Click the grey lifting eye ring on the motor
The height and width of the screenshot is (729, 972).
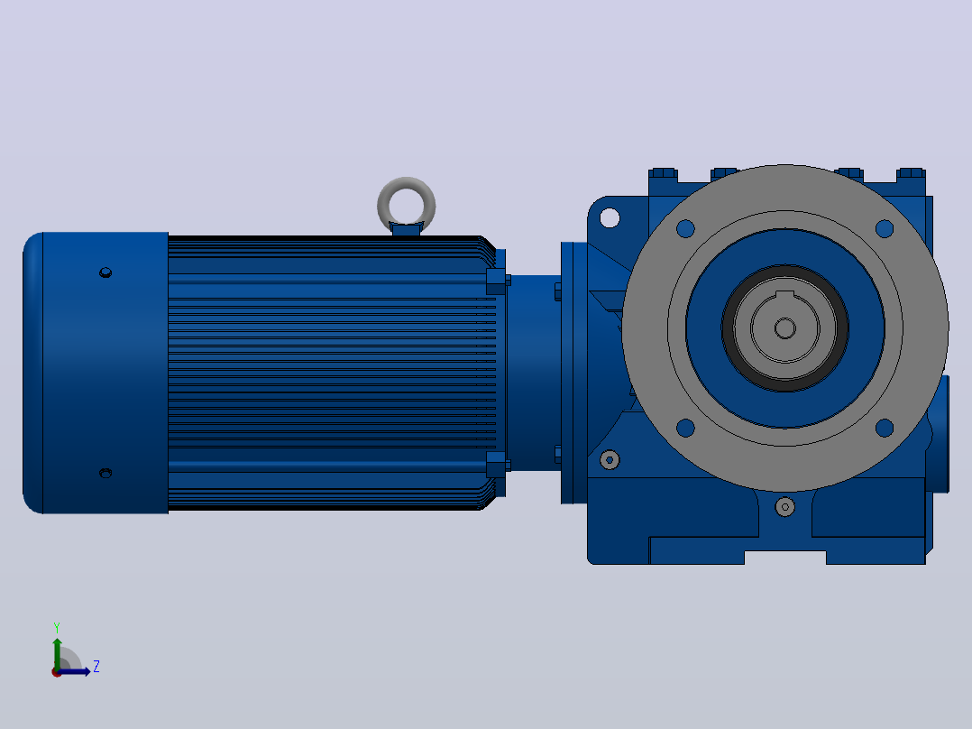point(380,205)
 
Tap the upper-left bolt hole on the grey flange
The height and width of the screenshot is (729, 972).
point(685,229)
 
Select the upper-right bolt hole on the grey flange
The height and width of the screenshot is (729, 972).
point(885,229)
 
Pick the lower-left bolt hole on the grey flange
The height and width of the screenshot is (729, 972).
point(685,428)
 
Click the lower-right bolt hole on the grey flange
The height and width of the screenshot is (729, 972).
point(885,428)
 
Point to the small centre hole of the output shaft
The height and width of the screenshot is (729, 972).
point(785,328)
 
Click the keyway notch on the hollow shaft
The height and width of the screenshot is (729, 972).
point(785,295)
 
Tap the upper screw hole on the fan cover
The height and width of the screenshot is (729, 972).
point(105,272)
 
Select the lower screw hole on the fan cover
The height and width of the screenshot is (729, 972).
point(105,473)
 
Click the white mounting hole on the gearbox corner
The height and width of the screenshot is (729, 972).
point(610,217)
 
